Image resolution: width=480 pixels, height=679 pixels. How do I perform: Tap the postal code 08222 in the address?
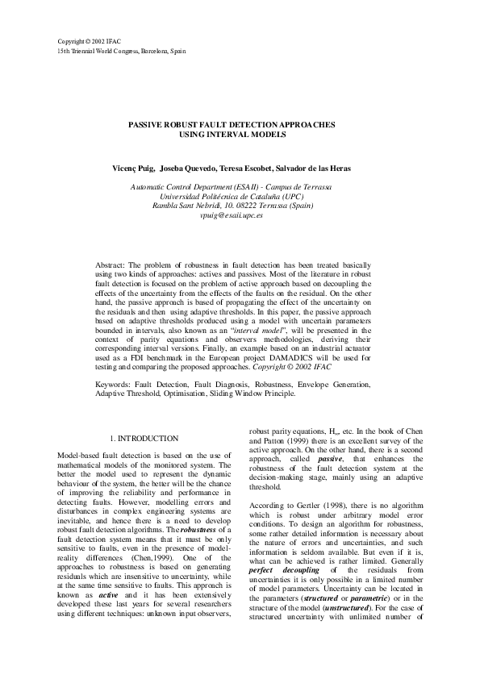[245, 206]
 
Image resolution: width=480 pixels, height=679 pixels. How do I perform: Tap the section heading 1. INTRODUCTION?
[144, 439]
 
